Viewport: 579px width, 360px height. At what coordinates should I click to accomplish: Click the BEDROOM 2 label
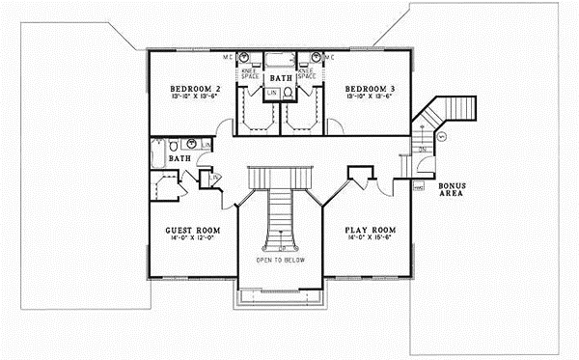187,85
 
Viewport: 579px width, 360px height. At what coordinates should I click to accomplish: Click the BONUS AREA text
452,190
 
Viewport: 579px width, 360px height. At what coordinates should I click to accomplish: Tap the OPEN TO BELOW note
281,261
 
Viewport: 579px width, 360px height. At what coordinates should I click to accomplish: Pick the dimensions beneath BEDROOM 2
186,96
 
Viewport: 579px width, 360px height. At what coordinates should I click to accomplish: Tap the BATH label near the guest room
179,157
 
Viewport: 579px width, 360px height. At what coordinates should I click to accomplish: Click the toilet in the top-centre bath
289,93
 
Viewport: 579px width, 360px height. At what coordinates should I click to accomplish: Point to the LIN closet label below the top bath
272,94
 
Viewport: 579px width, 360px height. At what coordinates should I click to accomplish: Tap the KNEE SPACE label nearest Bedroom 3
308,72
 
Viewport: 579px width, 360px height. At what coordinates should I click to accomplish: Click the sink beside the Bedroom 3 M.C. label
315,56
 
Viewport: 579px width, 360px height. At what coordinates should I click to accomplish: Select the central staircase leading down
280,212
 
